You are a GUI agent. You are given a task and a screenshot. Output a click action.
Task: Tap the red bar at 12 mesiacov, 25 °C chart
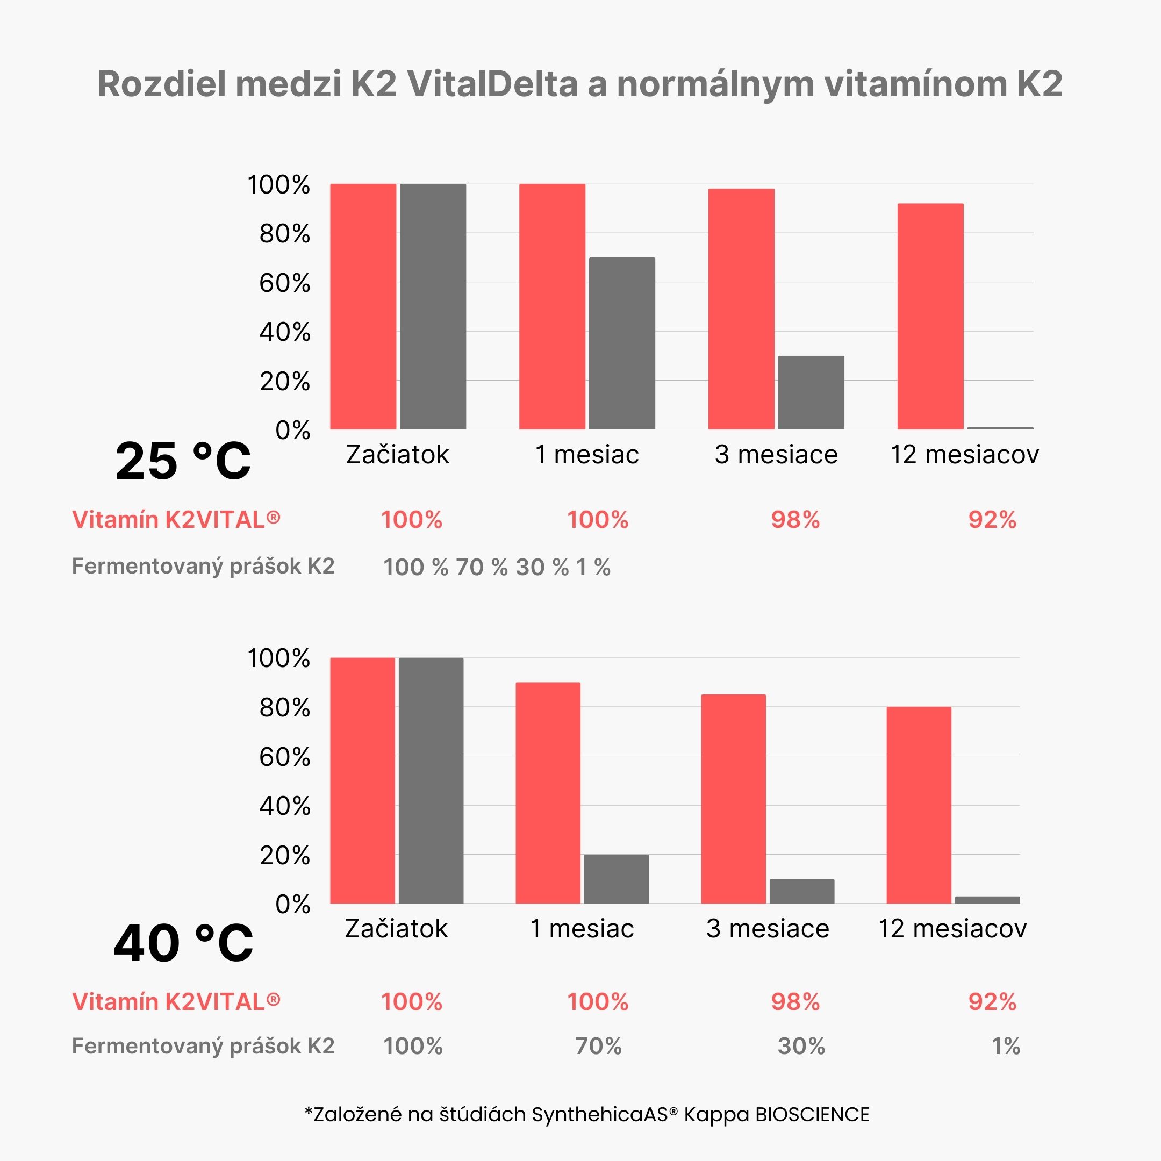click(930, 316)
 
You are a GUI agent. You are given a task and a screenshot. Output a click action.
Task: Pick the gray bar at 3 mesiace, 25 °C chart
click(811, 392)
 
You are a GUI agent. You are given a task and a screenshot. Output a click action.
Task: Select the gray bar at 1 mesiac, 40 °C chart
click(616, 879)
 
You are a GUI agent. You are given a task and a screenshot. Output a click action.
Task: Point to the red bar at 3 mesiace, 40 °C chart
click(733, 799)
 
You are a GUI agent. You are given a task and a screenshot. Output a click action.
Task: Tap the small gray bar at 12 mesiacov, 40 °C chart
click(987, 900)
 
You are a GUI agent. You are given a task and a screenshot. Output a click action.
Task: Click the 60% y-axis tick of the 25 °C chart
click(284, 283)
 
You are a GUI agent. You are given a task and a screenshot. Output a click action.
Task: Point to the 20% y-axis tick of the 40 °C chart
click(284, 855)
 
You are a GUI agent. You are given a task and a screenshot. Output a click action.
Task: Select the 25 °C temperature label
click(183, 462)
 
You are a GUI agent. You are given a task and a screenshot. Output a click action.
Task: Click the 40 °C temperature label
click(183, 943)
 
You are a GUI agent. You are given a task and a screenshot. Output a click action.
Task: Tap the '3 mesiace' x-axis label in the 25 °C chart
click(776, 455)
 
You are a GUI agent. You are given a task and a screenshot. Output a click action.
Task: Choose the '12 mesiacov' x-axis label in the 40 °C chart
click(952, 929)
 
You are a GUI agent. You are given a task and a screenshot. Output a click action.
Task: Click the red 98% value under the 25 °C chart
click(795, 520)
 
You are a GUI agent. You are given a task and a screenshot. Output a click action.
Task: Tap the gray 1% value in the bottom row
click(1005, 1046)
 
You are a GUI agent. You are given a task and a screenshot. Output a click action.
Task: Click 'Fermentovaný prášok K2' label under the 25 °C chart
click(203, 566)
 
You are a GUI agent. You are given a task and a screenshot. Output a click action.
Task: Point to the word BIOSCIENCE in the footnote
click(812, 1115)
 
